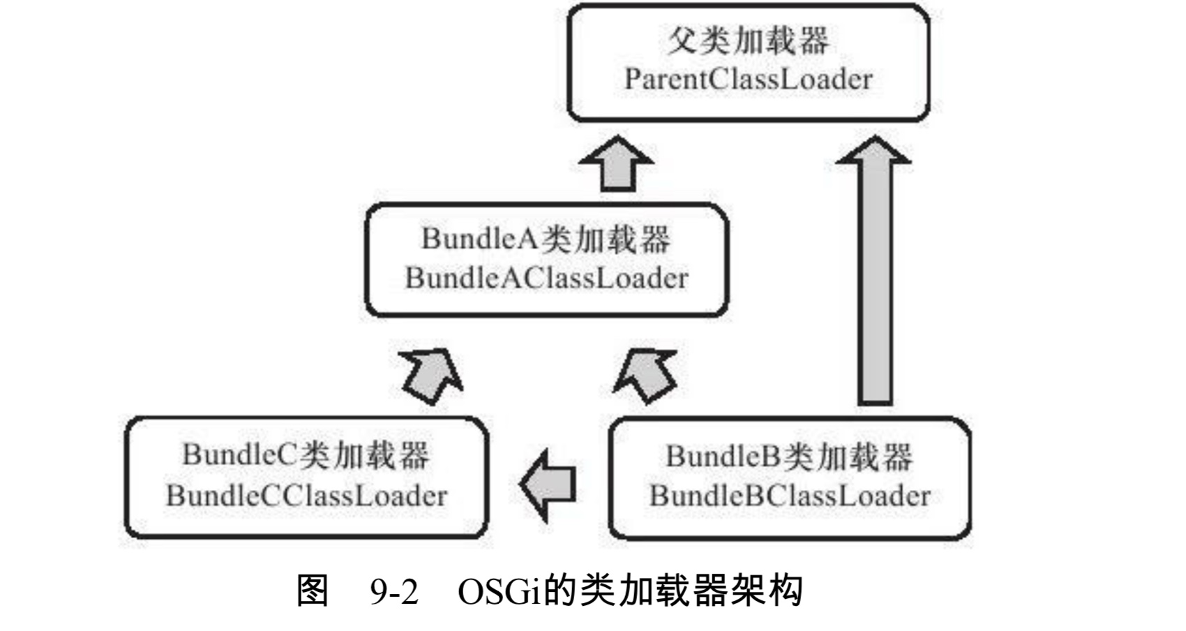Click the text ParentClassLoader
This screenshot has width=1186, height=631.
point(748,79)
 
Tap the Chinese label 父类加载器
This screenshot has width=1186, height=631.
point(748,40)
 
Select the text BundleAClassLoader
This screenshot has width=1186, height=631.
point(546,278)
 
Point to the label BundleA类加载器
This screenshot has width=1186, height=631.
point(546,239)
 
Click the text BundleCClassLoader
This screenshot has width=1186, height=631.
point(306,496)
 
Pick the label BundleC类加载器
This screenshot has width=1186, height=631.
point(306,455)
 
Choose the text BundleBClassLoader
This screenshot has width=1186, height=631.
point(790,496)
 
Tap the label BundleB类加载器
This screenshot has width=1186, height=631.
point(789,456)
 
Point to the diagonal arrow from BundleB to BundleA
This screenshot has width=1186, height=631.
point(646,375)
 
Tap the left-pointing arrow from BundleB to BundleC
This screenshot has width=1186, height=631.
point(549,484)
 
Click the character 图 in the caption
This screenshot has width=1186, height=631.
point(312,591)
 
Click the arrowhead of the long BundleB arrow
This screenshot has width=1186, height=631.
point(873,151)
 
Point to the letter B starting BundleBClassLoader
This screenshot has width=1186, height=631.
point(659,496)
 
